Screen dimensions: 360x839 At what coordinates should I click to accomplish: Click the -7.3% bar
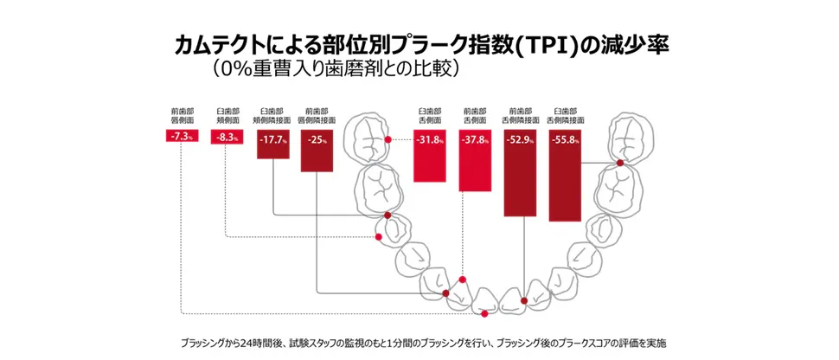coord(181,137)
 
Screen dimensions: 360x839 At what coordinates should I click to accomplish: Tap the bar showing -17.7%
coord(273,145)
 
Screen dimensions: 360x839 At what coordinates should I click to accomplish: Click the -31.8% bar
coord(430,156)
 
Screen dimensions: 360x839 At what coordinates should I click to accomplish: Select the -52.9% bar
coord(523,173)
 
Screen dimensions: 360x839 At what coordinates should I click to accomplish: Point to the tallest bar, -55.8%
coord(568,176)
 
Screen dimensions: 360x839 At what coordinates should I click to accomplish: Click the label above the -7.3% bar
coord(182,117)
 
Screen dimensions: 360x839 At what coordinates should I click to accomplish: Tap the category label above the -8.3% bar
coord(227,117)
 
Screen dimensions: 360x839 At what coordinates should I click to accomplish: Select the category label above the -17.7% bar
coord(273,117)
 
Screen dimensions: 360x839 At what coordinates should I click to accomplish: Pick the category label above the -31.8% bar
coord(430,117)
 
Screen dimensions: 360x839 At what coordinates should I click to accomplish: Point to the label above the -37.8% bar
coord(474,117)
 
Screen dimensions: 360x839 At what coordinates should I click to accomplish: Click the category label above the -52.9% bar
coord(523,117)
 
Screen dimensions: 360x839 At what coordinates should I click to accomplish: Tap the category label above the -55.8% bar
coord(568,117)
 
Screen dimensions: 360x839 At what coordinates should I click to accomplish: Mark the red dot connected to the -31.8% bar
coord(388,139)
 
